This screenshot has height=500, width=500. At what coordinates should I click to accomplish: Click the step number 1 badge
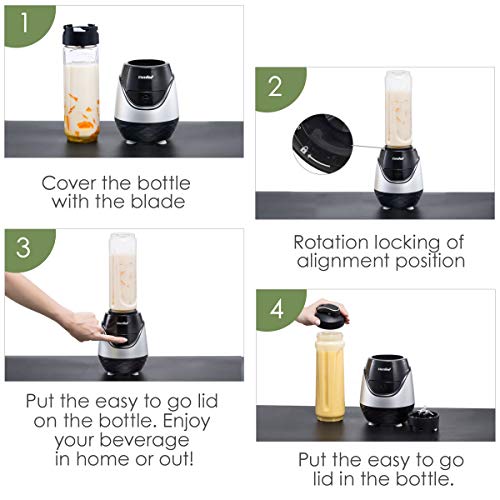[x=25, y=23]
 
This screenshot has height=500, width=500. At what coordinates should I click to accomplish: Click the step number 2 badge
[x=275, y=87]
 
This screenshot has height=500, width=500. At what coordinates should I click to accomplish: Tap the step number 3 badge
[x=24, y=247]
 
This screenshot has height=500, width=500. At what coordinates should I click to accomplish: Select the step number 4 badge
[x=277, y=308]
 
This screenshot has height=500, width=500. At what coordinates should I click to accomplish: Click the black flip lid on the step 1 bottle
[x=81, y=34]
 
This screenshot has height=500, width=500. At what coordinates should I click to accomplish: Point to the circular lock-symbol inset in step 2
[x=322, y=144]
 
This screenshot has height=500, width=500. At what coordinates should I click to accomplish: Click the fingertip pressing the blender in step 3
[x=122, y=340]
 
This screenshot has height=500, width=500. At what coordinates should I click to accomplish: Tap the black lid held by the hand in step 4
[x=332, y=315]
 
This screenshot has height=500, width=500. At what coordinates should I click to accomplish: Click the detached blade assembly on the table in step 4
[x=423, y=419]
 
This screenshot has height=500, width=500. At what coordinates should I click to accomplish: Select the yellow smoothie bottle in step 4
[x=330, y=377]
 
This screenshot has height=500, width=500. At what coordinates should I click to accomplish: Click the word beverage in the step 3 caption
[x=144, y=440]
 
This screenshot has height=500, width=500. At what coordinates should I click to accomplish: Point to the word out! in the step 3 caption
[x=176, y=459]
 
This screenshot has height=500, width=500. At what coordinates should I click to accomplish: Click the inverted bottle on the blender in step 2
[x=399, y=108]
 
